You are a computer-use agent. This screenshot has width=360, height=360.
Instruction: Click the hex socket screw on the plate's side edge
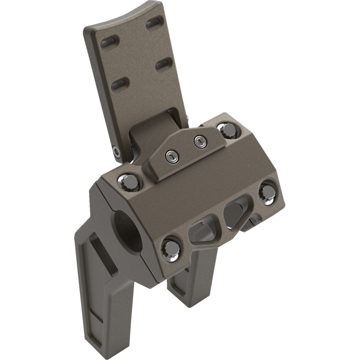pos(117,153)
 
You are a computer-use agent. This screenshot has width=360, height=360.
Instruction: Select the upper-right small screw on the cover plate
pos(198,141)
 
